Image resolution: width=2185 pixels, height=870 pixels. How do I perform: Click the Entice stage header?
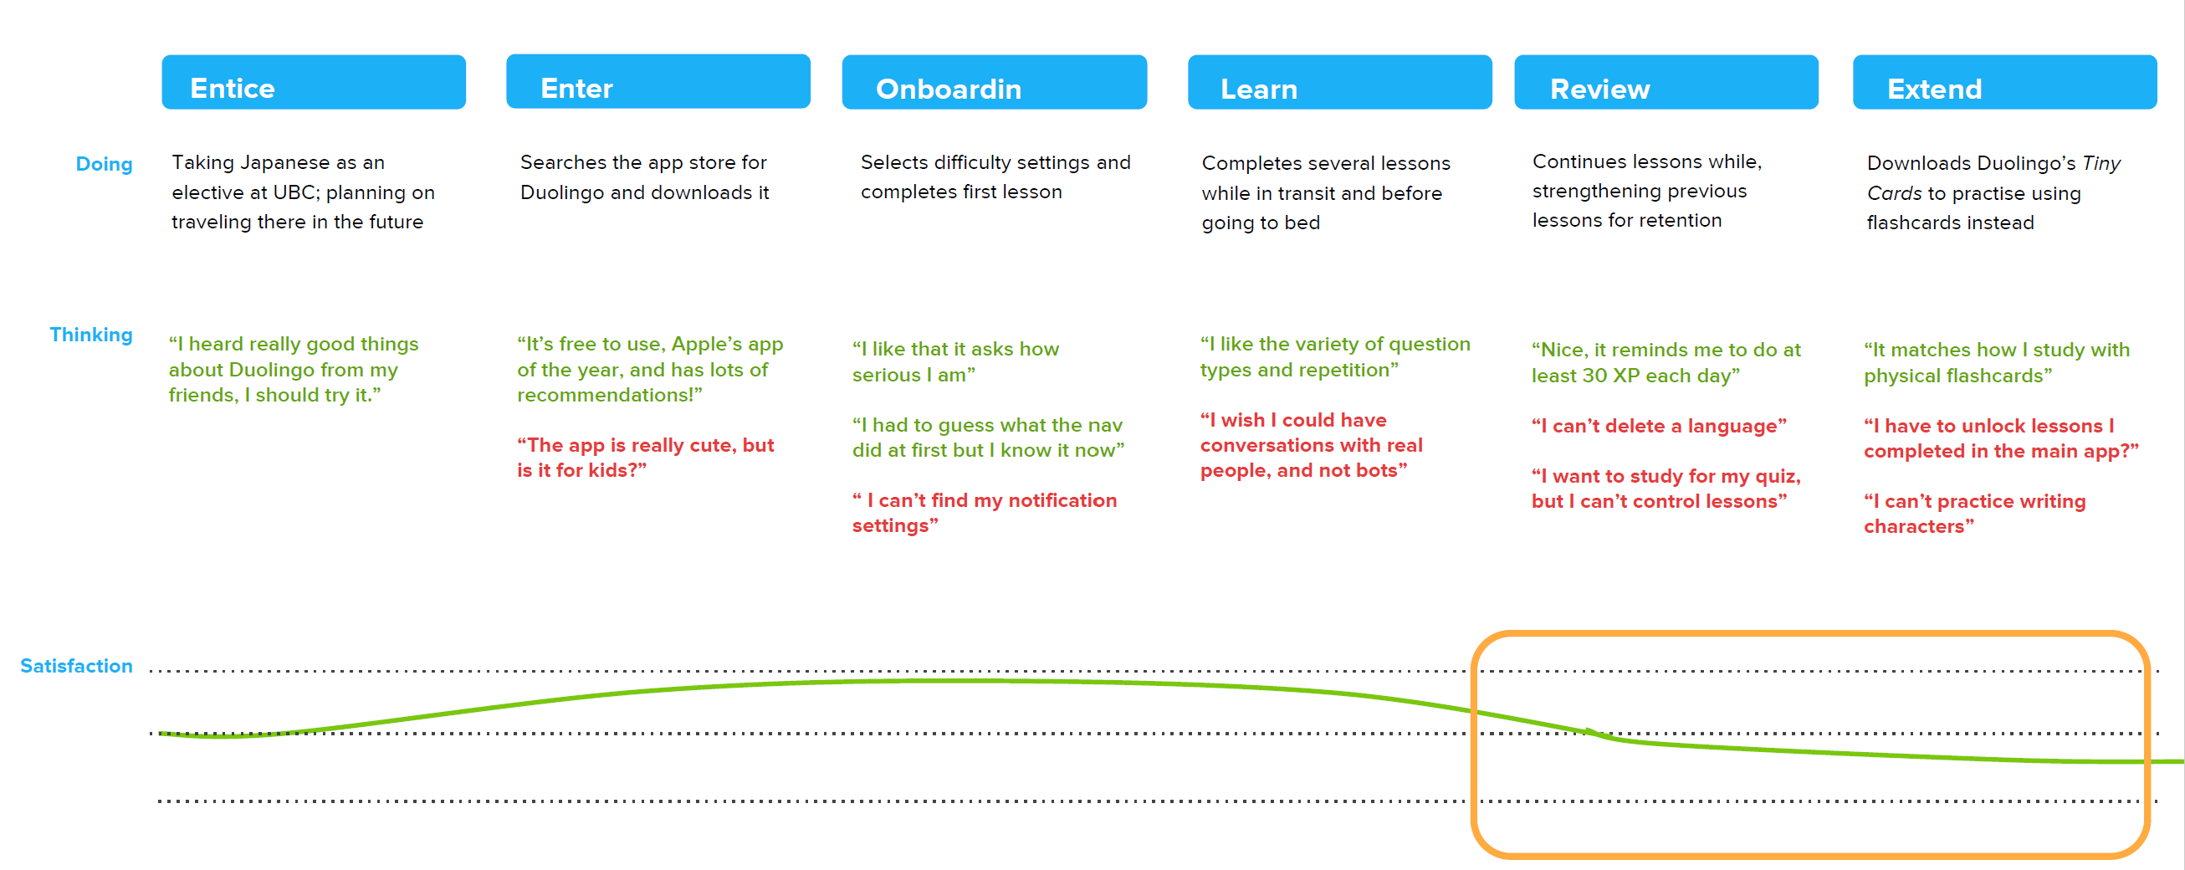[313, 82]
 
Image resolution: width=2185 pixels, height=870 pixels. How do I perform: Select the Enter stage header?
[658, 81]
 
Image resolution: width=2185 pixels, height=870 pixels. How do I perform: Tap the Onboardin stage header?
[994, 82]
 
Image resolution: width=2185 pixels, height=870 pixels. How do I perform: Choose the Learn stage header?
[1339, 82]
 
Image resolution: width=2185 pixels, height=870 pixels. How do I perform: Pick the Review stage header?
[1666, 82]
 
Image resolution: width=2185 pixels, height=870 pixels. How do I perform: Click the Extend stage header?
[2004, 82]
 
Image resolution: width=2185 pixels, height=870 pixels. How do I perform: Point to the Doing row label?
[105, 164]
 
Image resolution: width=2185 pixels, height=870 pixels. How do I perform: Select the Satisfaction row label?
[76, 666]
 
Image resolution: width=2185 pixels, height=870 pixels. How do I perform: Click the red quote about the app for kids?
[646, 458]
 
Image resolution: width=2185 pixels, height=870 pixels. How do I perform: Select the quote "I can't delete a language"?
[1658, 426]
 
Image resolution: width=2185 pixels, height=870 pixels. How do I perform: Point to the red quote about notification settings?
[984, 513]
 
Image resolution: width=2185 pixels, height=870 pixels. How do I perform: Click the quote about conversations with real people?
[1311, 445]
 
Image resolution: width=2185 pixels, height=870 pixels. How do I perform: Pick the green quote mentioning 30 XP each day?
[1666, 363]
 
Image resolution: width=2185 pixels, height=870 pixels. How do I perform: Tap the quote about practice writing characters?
[1974, 514]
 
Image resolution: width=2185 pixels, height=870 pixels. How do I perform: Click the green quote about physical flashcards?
[1996, 363]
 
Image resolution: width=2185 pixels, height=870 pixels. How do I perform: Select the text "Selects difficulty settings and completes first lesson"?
[995, 177]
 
